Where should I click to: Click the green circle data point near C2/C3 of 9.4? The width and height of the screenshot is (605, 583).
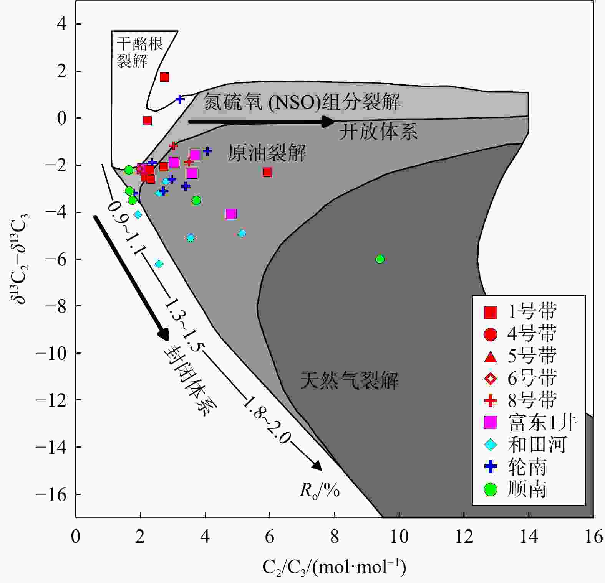(380, 259)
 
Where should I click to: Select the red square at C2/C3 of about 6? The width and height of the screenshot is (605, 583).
(267, 172)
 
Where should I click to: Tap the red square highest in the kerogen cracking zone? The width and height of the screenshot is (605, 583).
(164, 77)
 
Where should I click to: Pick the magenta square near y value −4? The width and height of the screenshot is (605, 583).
(231, 214)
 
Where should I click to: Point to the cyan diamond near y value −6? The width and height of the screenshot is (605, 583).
(159, 264)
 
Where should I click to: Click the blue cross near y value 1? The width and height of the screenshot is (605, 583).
(180, 99)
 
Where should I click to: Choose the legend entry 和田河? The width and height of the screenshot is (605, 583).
(537, 445)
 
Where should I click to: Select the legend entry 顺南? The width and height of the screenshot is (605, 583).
(527, 490)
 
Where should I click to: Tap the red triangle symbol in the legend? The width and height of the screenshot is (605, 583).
(491, 357)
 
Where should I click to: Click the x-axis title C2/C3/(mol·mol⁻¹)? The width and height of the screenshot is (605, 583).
(334, 567)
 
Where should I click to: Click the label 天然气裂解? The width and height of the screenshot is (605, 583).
(349, 381)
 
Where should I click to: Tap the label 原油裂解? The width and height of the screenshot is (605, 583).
(267, 153)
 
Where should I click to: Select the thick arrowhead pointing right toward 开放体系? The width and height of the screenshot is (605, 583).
(328, 122)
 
